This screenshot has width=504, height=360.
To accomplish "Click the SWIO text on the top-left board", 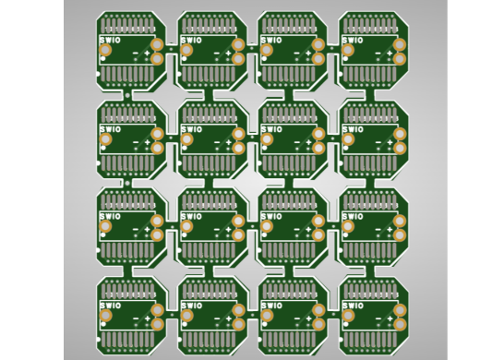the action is click(x=110, y=41).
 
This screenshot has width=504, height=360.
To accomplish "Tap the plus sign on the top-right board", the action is click(x=390, y=53).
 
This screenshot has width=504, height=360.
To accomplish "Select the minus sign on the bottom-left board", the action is click(x=136, y=318).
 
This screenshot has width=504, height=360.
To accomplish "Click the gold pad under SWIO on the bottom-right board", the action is click(x=348, y=316).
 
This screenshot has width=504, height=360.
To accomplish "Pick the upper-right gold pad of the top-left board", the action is click(x=157, y=44).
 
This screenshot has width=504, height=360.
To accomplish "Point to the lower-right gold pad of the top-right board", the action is click(x=399, y=59).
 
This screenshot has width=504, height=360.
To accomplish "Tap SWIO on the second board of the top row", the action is click(x=192, y=41).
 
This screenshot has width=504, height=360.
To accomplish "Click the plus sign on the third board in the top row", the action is click(x=308, y=53).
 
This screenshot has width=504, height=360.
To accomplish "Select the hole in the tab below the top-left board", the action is click(x=127, y=95).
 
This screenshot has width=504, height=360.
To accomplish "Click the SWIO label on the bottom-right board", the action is click(x=353, y=306).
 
